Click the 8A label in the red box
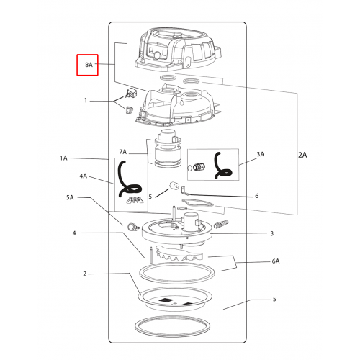click(x=89, y=65)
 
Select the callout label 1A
click(x=63, y=158)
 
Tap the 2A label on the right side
click(x=302, y=155)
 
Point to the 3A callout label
click(x=261, y=154)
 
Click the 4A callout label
click(x=84, y=176)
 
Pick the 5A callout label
click(x=70, y=197)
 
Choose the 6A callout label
click(x=276, y=261)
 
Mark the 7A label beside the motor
click(x=122, y=152)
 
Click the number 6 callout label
click(x=257, y=196)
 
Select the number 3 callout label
click(x=271, y=233)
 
